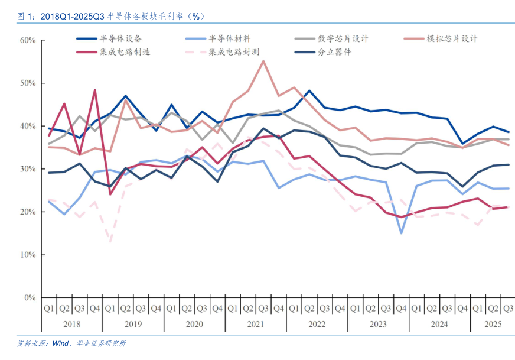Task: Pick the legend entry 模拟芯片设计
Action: pos(452,38)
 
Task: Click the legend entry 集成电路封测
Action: pos(234,52)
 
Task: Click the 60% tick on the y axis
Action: pos(27,40)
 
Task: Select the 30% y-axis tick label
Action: pos(27,169)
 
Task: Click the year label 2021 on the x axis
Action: pos(255,324)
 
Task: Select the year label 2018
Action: pos(71,324)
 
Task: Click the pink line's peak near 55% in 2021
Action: pos(263,61)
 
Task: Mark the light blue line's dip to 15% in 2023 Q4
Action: pos(401,233)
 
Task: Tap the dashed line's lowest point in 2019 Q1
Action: pos(110,241)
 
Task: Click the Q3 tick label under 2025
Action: pos(507,309)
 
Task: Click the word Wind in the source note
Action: pos(61,343)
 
